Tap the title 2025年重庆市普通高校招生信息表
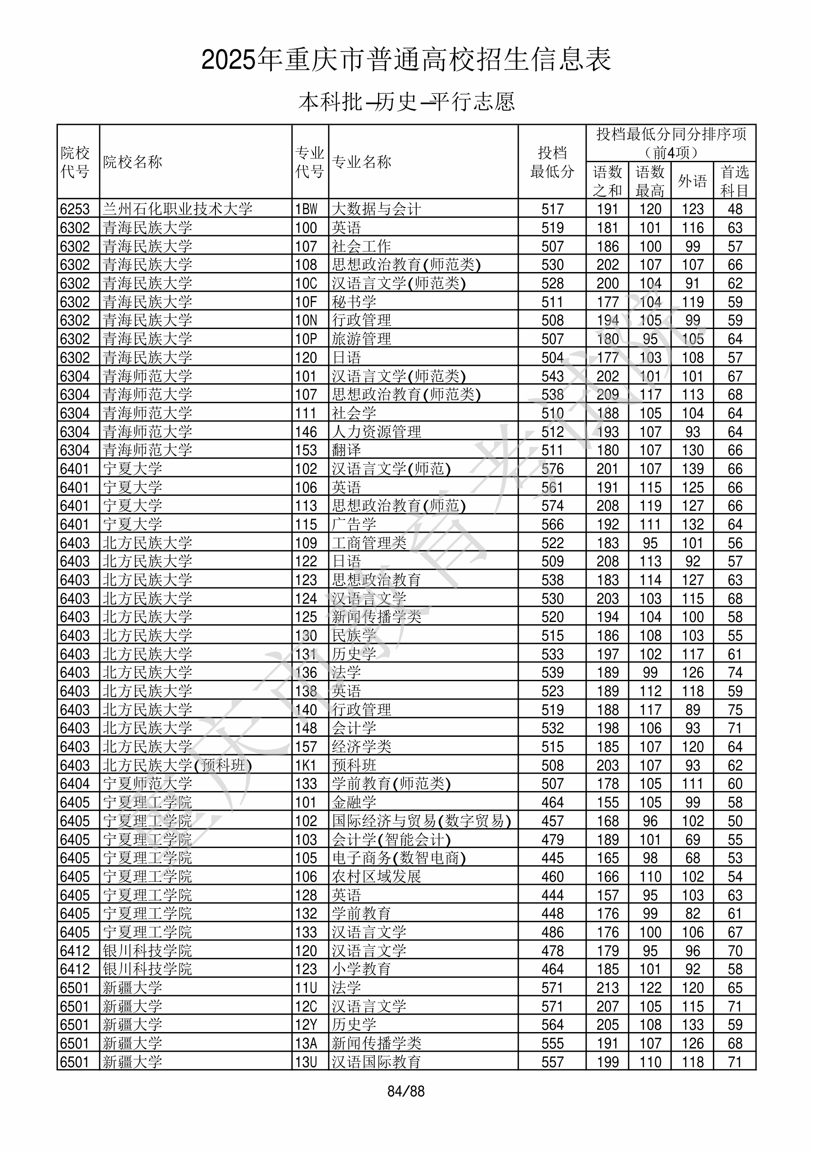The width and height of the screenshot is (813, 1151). coord(406,60)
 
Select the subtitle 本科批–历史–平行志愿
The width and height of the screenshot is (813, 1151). coord(406,102)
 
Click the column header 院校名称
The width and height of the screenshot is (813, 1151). coord(133,162)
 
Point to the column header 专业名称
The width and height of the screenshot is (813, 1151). coord(361,162)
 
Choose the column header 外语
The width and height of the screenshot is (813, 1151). coord(692,180)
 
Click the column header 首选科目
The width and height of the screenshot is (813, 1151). coord(734,181)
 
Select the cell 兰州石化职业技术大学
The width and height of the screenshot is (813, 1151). coord(178,209)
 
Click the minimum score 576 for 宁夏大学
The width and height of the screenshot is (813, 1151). coord(552,469)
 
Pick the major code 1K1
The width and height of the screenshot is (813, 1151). coord(306,766)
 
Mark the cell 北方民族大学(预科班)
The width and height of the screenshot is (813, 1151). coord(177,766)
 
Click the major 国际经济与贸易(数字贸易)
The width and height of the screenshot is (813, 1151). coord(421,821)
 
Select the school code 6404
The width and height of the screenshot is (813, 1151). coord(75,784)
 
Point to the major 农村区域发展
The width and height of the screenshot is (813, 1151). coord(376,877)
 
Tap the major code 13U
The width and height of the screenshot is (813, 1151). coord(306,1062)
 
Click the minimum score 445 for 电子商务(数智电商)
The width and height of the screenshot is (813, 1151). coord(552,858)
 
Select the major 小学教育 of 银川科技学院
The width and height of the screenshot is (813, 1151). coord(361,970)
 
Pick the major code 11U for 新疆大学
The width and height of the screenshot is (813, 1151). coord(306,988)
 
